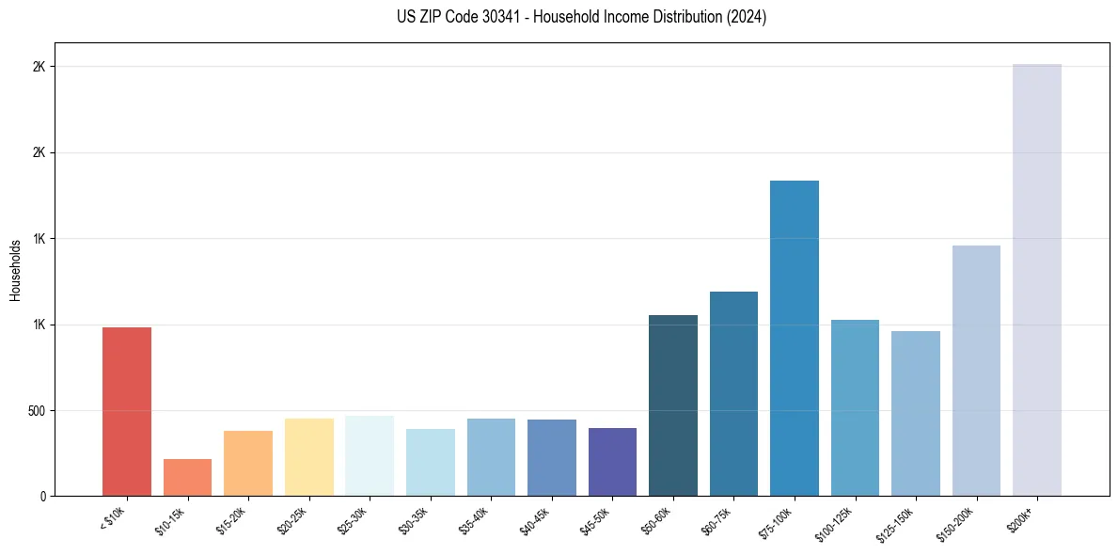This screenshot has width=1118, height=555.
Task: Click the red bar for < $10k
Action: click(127, 411)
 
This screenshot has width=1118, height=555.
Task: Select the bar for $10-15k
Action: click(187, 477)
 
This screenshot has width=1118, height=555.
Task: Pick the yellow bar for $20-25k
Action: click(308, 457)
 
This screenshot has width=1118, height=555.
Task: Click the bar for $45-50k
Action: click(612, 462)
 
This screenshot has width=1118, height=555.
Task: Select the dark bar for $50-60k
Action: click(673, 405)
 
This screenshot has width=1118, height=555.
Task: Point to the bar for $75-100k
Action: click(795, 338)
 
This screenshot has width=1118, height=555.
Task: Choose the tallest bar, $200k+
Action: click(1037, 279)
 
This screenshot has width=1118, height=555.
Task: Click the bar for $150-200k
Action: click(976, 371)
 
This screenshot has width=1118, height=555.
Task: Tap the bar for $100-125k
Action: click(855, 407)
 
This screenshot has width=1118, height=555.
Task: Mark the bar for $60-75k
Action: click(733, 393)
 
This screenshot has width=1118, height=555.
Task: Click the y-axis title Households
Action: click(15, 270)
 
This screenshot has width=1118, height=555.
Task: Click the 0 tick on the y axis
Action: click(43, 496)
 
